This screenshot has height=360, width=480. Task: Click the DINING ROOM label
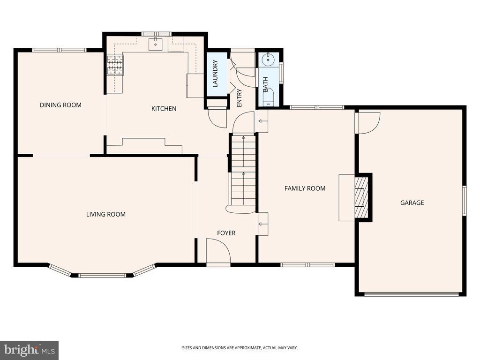tap(60, 105)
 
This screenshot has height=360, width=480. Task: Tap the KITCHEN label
tap(164, 109)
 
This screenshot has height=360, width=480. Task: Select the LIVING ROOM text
tap(106, 214)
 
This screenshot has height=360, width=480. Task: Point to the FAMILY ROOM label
tap(305, 188)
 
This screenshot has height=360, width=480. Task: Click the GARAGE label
tap(412, 202)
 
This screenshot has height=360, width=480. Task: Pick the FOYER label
tap(226, 233)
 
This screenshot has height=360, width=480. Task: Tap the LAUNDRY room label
tap(215, 74)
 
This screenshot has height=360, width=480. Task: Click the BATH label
tap(265, 84)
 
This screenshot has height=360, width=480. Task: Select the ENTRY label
tap(240, 98)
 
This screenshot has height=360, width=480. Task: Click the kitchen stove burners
tap(115, 65)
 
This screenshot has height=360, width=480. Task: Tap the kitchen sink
tap(156, 44)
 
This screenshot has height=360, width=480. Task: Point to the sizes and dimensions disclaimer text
tap(240, 348)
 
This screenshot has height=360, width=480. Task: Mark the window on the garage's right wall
tap(465, 200)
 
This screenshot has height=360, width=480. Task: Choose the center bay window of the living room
tap(102, 276)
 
